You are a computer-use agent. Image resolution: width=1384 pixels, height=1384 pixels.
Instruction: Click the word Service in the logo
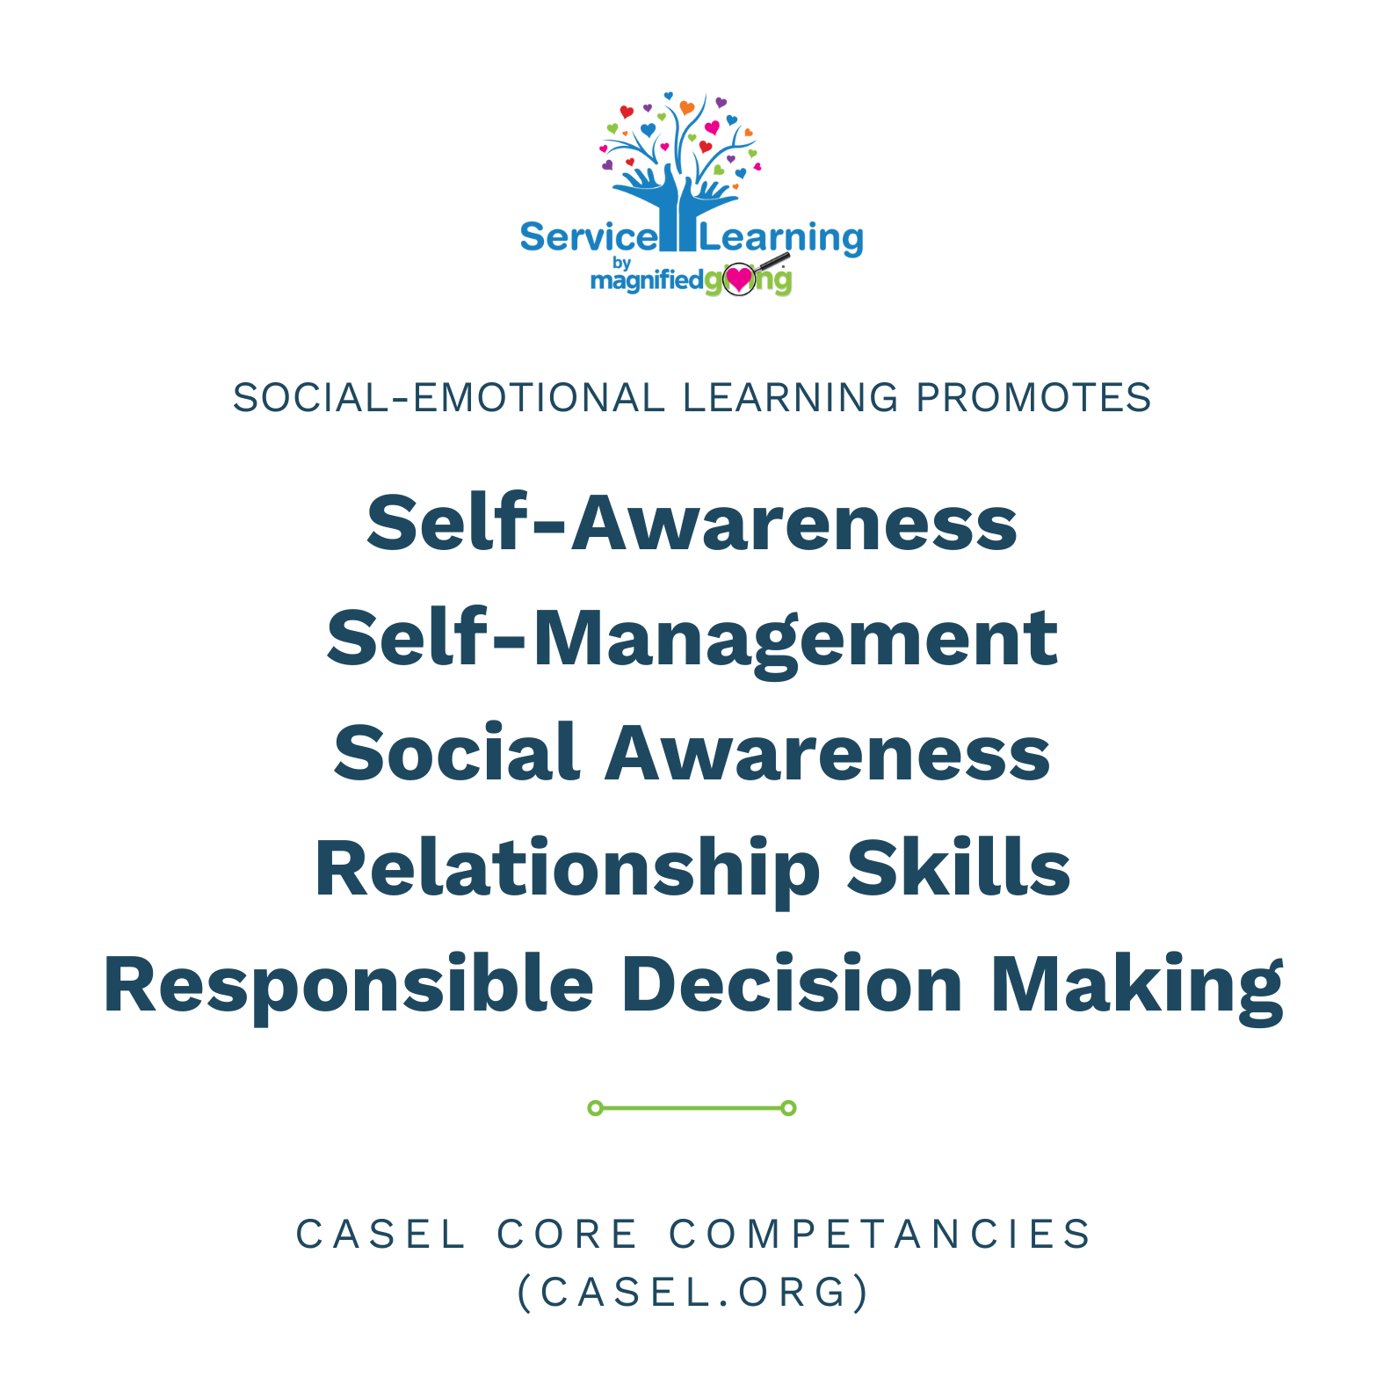(587, 238)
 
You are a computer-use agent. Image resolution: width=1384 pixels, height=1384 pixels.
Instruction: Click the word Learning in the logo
(781, 238)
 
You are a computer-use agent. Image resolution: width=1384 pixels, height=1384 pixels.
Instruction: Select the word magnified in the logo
(647, 280)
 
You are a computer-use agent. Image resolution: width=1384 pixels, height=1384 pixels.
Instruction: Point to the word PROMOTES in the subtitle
(1033, 398)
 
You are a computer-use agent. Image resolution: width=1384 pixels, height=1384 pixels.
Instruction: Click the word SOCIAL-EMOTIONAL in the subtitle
(448, 398)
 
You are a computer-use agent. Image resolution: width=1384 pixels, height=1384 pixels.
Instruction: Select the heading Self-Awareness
(692, 523)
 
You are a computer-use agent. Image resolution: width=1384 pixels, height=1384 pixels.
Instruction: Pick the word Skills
(958, 868)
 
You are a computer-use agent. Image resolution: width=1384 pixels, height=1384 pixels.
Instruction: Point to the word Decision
(792, 984)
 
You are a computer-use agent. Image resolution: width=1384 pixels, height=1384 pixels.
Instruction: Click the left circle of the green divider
(595, 1108)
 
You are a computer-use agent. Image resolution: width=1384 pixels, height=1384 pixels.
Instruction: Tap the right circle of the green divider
(788, 1108)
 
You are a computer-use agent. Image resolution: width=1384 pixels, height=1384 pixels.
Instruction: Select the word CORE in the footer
(567, 1235)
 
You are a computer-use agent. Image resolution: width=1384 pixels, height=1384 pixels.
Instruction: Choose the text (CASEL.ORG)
(692, 1293)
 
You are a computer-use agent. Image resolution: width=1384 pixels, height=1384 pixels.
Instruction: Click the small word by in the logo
(622, 263)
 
